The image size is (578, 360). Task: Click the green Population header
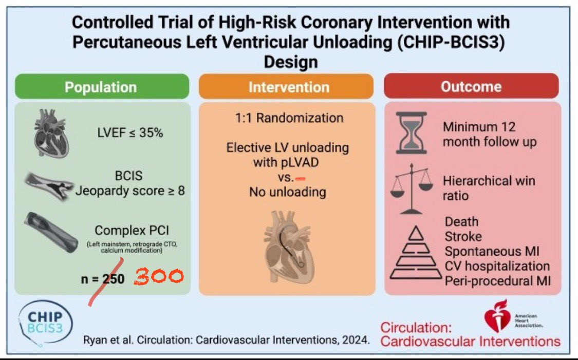[101, 87]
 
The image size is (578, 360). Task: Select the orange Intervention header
[288, 87]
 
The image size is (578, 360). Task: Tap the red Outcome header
[471, 86]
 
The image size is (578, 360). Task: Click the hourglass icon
[412, 133]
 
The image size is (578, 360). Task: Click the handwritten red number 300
[159, 277]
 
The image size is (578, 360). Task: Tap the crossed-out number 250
[111, 278]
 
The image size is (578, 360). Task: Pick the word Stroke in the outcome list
[463, 237]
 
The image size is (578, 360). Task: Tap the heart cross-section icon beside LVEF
[49, 131]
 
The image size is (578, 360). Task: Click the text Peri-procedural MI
[496, 281]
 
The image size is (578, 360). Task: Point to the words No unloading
[287, 192]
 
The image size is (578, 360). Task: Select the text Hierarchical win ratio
[488, 188]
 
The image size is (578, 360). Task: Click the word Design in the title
[290, 63]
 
